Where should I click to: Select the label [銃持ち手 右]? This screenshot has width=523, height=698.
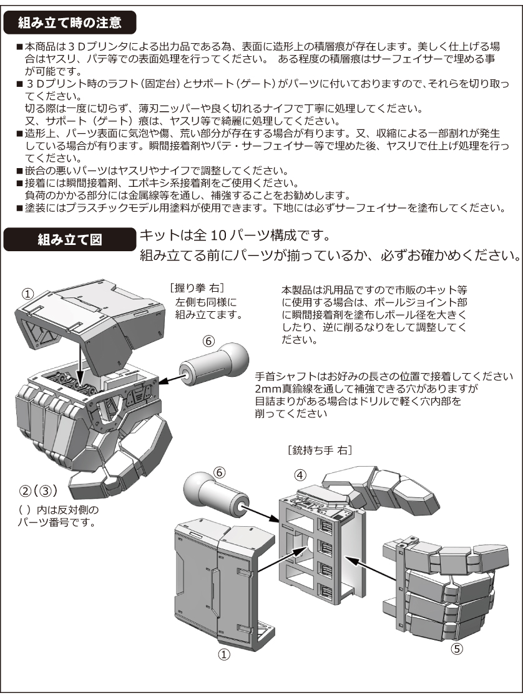pyautogui.click(x=318, y=449)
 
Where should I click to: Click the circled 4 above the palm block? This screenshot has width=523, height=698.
pyautogui.click(x=300, y=474)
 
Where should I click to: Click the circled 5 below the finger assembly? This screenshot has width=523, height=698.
pyautogui.click(x=457, y=649)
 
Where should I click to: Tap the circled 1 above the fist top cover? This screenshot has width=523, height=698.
pyautogui.click(x=28, y=293)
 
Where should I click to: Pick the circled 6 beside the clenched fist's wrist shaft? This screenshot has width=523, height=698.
pyautogui.click(x=209, y=341)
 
